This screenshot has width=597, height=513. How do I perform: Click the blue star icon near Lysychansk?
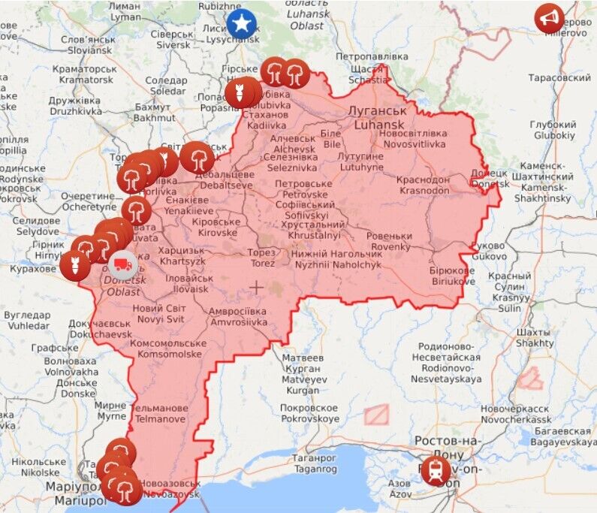241,23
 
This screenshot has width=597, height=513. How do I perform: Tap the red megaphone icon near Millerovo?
550,18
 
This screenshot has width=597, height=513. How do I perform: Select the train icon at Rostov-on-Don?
436,471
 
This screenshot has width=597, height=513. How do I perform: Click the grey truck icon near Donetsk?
123,264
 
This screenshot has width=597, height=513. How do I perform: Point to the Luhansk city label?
366,116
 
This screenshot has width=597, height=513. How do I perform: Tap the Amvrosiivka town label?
239,316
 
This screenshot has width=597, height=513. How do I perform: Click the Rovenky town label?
389,241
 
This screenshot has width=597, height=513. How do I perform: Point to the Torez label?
262,258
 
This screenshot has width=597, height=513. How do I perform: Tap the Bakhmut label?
153,112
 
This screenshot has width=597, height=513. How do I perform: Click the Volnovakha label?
71,366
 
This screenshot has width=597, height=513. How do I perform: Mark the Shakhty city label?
535,337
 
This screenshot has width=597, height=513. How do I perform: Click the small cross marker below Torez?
257,287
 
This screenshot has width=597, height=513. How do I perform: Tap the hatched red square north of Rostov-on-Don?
376,415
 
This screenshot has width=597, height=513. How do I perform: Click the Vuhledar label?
27,320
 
